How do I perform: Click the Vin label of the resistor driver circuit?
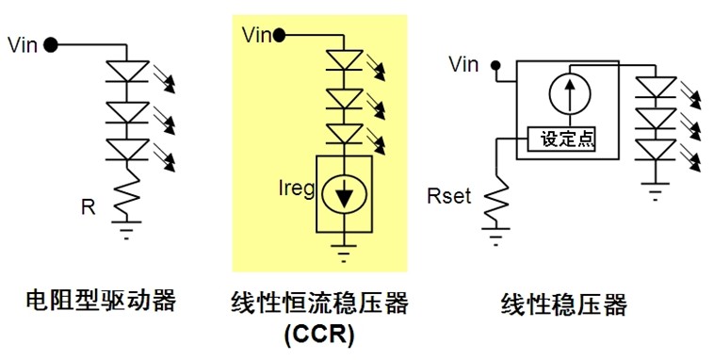coord(22,44)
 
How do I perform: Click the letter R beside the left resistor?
coord(88,206)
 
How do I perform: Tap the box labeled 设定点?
coord(566,139)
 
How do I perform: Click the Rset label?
coord(448,199)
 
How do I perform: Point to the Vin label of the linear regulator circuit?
coord(462,65)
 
